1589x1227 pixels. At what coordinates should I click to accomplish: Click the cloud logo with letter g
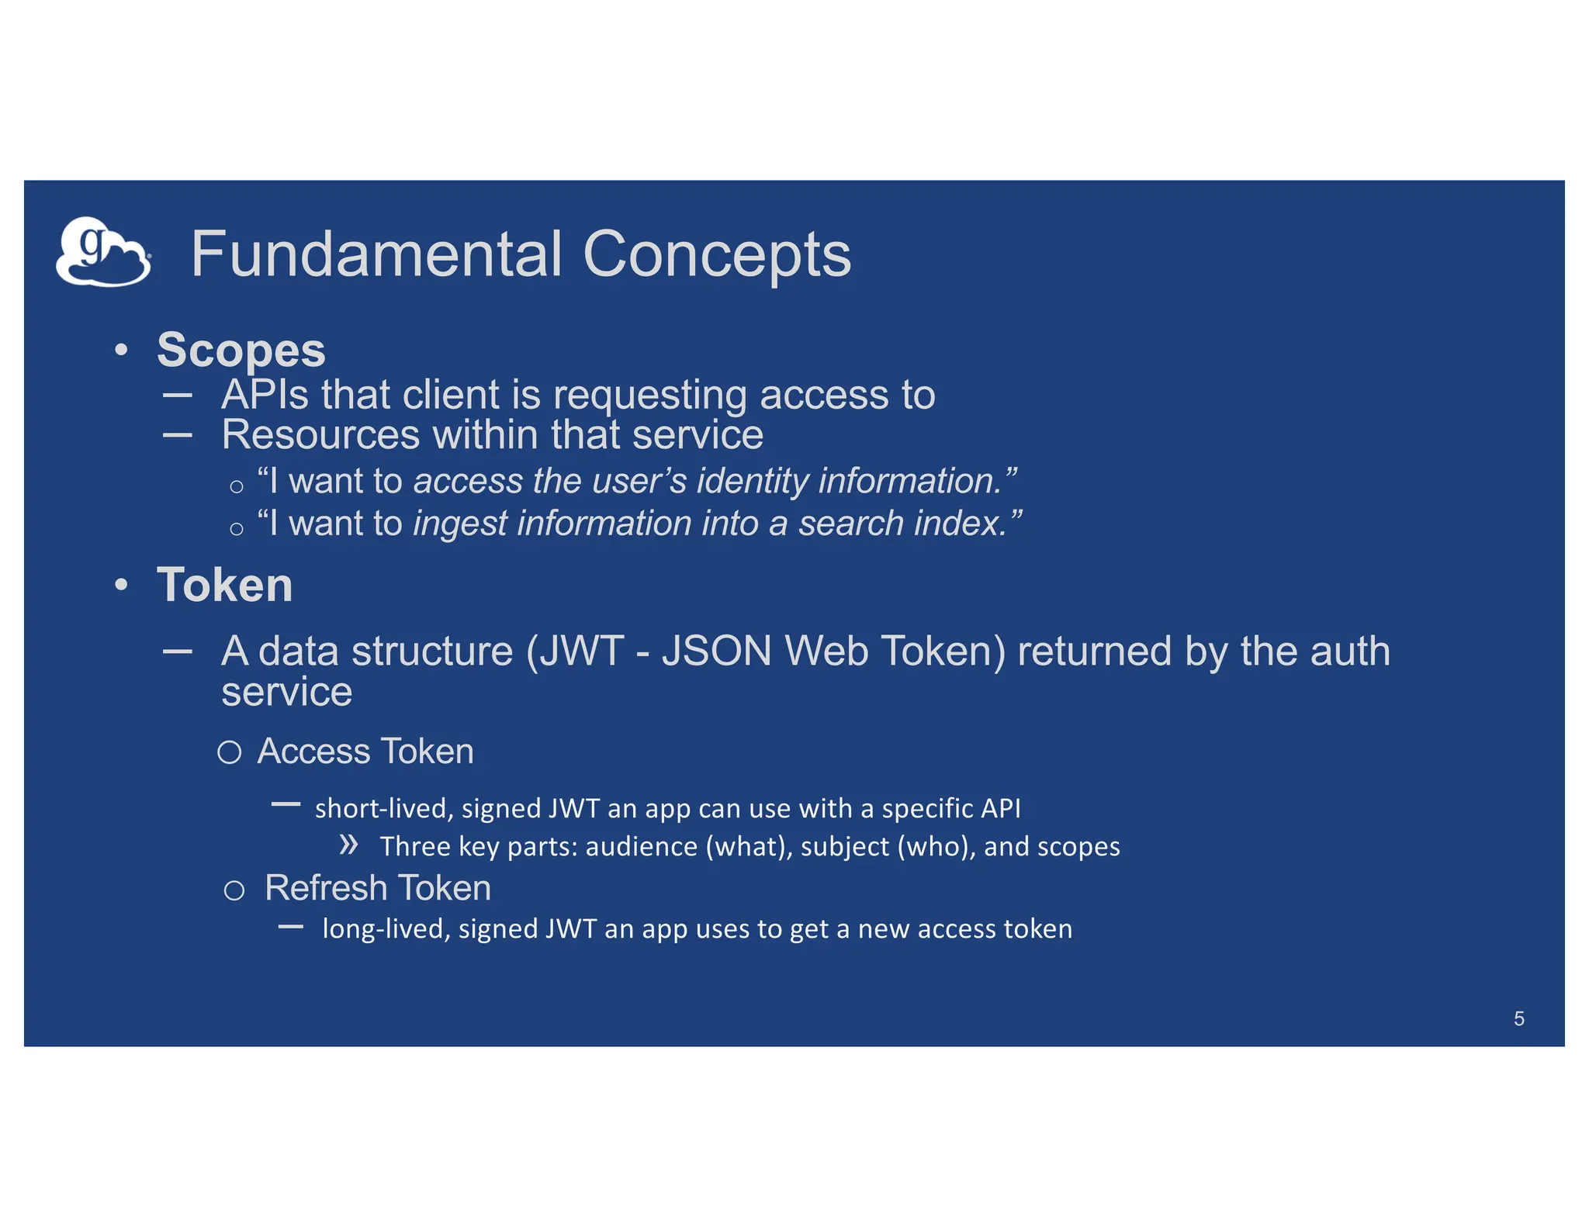[102, 252]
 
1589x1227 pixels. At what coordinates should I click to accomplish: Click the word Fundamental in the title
[376, 254]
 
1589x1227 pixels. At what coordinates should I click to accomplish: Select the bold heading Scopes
[241, 351]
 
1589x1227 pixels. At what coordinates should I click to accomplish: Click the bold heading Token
[224, 585]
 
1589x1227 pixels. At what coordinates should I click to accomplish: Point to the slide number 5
[1518, 1018]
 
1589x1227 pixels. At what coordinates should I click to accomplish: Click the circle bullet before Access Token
[229, 752]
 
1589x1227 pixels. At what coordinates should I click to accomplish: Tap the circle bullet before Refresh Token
[234, 890]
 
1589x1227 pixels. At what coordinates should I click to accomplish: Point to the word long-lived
[386, 929]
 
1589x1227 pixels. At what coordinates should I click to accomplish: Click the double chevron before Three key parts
[348, 845]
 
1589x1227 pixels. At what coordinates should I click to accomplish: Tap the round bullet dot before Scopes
[121, 351]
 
